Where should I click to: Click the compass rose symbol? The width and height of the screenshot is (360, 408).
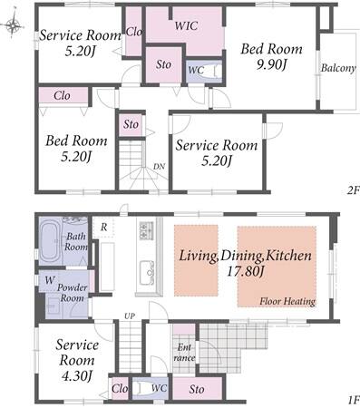[x=13, y=25]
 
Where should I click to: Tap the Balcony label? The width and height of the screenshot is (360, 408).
[x=338, y=68]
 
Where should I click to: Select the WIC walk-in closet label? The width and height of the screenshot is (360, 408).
[x=186, y=25]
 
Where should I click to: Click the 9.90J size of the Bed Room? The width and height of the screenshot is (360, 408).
[x=271, y=64]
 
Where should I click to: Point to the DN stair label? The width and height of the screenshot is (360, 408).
[x=160, y=166]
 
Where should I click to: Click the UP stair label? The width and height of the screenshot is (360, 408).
[x=130, y=316]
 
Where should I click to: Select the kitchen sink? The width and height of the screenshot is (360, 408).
[x=148, y=273]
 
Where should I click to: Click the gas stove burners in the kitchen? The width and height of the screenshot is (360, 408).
[x=147, y=230]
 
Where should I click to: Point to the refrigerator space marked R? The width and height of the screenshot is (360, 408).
[x=103, y=228]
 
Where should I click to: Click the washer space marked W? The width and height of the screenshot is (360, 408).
[x=50, y=280]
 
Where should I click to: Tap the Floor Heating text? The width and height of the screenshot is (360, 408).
[x=287, y=301]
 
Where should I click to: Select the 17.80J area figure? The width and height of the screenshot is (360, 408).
[x=246, y=271]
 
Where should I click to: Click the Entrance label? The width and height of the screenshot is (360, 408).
[x=184, y=353]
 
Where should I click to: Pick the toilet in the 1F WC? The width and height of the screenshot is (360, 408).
[x=141, y=388]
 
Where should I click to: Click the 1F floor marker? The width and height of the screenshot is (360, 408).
[x=354, y=400]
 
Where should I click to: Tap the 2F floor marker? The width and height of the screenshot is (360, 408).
[x=354, y=190]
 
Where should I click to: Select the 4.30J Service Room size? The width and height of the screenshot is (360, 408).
[x=77, y=375]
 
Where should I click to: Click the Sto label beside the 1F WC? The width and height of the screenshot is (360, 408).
[x=197, y=389]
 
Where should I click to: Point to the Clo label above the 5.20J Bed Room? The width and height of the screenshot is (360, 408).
[x=63, y=95]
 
